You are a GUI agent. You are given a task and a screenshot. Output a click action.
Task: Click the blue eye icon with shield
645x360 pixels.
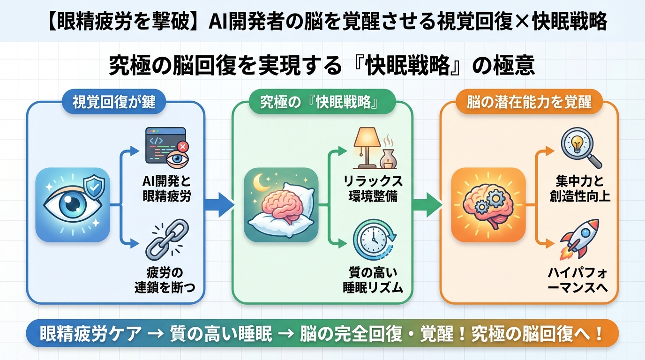[x=73, y=205]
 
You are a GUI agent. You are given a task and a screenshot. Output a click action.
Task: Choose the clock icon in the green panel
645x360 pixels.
[x=374, y=240]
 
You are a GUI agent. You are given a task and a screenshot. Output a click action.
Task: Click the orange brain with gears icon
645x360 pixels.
[x=487, y=205]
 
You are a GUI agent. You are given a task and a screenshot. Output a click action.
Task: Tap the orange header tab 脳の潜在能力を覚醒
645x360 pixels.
[x=528, y=102]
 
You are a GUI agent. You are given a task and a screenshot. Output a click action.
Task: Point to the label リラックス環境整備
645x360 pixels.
[x=373, y=188]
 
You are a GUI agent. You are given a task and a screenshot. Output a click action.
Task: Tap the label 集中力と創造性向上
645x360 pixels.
[x=579, y=188]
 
